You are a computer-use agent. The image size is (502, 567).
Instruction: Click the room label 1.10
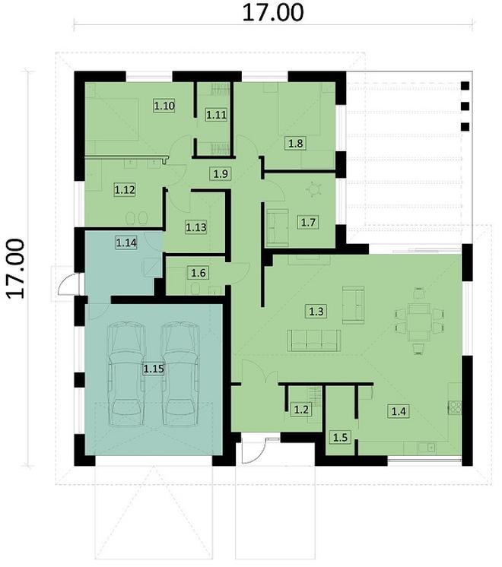coord(165,106)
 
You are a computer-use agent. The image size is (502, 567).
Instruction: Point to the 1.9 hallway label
coord(221,174)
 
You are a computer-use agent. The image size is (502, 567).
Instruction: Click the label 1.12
coord(125,189)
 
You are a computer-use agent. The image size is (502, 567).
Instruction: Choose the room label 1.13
coord(197,226)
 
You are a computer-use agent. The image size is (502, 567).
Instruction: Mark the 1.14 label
coord(126,242)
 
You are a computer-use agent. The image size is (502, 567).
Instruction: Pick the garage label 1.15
coord(154,369)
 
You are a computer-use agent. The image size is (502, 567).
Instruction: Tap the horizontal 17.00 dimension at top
coord(272,13)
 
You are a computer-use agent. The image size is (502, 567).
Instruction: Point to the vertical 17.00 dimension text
coord(17,268)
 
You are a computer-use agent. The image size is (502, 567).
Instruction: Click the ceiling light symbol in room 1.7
coord(314,188)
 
